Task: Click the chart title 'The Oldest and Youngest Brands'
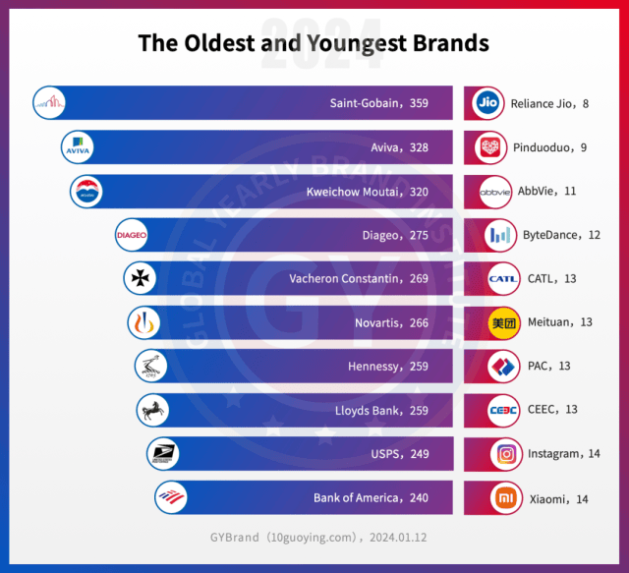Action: pos(314,43)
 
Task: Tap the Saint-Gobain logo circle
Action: pos(49,102)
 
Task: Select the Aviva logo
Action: pos(77,146)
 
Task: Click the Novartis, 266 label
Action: pos(391,322)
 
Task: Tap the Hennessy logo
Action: pos(150,366)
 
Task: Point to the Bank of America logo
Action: pos(171,497)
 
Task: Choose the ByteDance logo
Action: pos(500,235)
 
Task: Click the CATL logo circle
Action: pos(503,278)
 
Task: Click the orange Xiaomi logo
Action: pos(507,497)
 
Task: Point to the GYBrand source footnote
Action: pos(314,537)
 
